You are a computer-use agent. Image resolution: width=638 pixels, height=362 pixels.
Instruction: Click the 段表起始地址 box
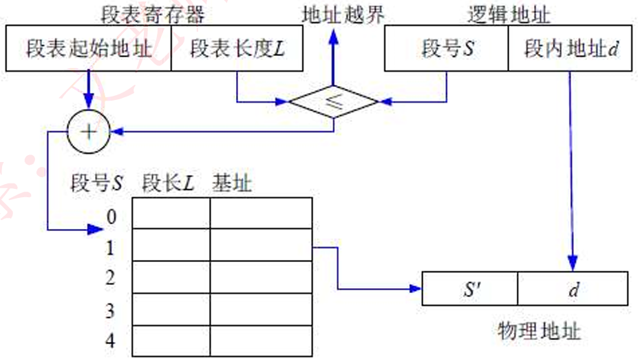(x=87, y=49)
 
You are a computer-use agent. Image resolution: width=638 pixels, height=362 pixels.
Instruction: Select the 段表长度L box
(x=237, y=49)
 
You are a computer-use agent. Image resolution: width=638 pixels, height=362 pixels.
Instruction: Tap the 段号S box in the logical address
(x=446, y=49)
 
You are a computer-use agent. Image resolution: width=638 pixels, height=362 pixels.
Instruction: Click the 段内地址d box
(x=568, y=49)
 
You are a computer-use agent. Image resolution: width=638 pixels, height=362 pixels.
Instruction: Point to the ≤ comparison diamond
(x=333, y=102)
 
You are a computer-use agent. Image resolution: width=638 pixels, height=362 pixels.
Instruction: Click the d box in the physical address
(x=573, y=289)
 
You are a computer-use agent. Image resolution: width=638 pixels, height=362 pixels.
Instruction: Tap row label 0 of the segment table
(x=111, y=218)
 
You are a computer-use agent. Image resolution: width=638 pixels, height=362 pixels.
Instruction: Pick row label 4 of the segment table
(x=110, y=341)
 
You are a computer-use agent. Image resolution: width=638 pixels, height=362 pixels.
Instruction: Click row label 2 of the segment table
(x=110, y=278)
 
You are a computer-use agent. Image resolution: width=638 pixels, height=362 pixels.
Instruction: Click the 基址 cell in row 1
(x=260, y=245)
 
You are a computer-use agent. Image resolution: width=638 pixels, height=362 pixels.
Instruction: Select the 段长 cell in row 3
(x=171, y=309)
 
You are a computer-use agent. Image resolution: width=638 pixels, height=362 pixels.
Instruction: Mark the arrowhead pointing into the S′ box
(x=415, y=288)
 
